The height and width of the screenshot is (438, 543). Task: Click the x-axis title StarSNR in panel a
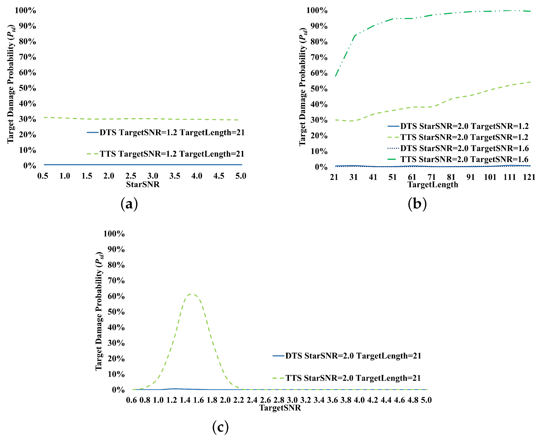143,184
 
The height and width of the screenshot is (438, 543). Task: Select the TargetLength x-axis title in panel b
433,184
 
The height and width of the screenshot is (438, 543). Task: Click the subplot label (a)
129,204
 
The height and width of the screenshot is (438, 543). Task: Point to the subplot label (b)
417,204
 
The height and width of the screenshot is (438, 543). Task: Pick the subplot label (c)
220,427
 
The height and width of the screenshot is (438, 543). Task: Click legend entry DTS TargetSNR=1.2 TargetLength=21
172,132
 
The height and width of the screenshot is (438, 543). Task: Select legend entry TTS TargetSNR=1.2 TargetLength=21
172,154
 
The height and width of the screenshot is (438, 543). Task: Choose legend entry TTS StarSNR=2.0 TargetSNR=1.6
464,159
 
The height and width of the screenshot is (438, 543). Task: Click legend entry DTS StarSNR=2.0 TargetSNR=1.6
464,148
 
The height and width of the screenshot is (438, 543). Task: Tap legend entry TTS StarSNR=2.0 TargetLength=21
353,378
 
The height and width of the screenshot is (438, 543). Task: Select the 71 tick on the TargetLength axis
431,177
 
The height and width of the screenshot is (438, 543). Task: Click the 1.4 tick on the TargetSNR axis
185,400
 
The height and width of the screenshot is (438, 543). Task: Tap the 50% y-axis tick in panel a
28,88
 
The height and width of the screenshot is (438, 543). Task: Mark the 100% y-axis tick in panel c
114,234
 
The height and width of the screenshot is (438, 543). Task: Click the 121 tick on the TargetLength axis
529,177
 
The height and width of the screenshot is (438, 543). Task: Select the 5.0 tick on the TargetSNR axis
426,400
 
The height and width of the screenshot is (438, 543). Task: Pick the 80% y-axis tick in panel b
319,42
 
